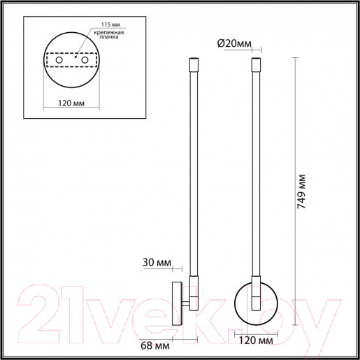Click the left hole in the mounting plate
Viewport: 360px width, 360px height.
[x=59, y=62]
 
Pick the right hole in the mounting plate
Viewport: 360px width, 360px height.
[x=85, y=62]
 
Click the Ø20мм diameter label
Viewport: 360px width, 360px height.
[x=234, y=43]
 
